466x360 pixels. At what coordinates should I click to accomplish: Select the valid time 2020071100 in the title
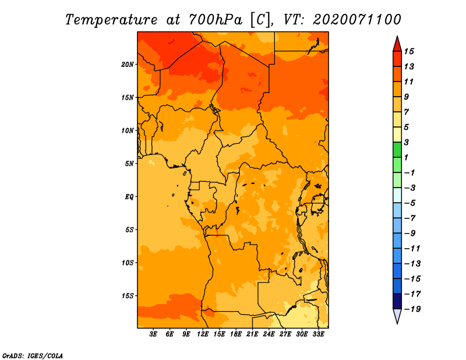(x=357, y=19)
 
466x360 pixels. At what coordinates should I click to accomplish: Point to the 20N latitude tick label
(x=128, y=64)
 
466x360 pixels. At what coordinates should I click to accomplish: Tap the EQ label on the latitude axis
(x=129, y=197)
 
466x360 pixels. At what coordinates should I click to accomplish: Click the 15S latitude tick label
(x=128, y=296)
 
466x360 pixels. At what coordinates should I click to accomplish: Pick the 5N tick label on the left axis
(x=129, y=164)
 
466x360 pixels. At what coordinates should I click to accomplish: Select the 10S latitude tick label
(x=128, y=263)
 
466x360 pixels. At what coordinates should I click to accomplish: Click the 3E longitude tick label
(x=154, y=334)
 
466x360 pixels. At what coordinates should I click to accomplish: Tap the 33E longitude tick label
(x=318, y=334)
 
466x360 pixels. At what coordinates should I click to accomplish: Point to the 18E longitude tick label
(x=236, y=334)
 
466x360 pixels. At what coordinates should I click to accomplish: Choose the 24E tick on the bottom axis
(x=269, y=334)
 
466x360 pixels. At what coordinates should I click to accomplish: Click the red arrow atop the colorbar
(x=396, y=44)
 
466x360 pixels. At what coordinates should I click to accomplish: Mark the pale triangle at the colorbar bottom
(x=396, y=316)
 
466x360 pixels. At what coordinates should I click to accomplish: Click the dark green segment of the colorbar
(x=396, y=150)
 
